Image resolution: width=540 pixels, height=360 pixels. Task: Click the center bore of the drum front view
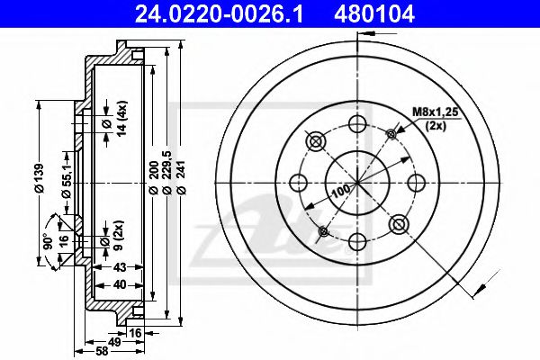pyautogui.click(x=356, y=183)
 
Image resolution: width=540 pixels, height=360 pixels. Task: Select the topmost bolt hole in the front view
pyautogui.click(x=356, y=123)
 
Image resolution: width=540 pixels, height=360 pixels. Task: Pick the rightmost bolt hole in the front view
pyautogui.click(x=416, y=183)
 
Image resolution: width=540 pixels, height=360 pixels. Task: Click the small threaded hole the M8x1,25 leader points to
pyautogui.click(x=391, y=135)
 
